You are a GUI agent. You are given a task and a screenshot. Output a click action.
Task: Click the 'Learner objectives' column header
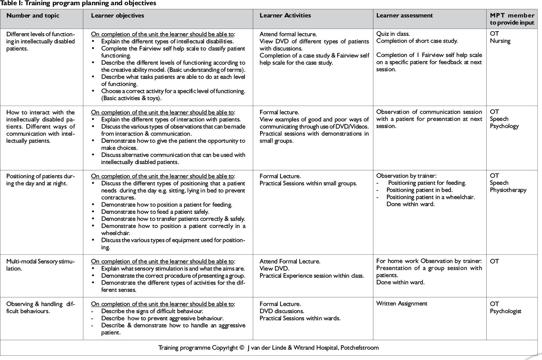pyautogui.click(x=118, y=16)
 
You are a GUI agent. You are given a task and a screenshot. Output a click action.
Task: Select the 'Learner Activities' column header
pyautogui.click(x=285, y=16)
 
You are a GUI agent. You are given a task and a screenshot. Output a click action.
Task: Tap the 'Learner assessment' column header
pyautogui.click(x=404, y=16)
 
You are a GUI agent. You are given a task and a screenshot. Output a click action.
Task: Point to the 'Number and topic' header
pyautogui.click(x=33, y=16)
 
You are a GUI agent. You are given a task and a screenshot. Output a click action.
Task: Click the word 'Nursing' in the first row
pyautogui.click(x=500, y=41)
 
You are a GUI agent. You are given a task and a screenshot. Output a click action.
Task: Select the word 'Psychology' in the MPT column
pyautogui.click(x=505, y=126)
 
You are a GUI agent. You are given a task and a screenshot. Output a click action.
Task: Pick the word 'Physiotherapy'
pyautogui.click(x=508, y=190)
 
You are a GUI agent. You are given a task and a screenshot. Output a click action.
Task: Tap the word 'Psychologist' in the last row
pyautogui.click(x=506, y=311)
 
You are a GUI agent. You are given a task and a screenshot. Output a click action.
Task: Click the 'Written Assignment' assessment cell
pyautogui.click(x=402, y=304)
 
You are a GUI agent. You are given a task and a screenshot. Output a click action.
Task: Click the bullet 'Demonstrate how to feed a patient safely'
pyautogui.click(x=166, y=212)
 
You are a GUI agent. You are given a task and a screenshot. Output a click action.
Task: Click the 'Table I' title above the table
pyautogui.click(x=78, y=3)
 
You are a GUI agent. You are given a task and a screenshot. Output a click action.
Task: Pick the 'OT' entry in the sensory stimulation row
pyautogui.click(x=494, y=262)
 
